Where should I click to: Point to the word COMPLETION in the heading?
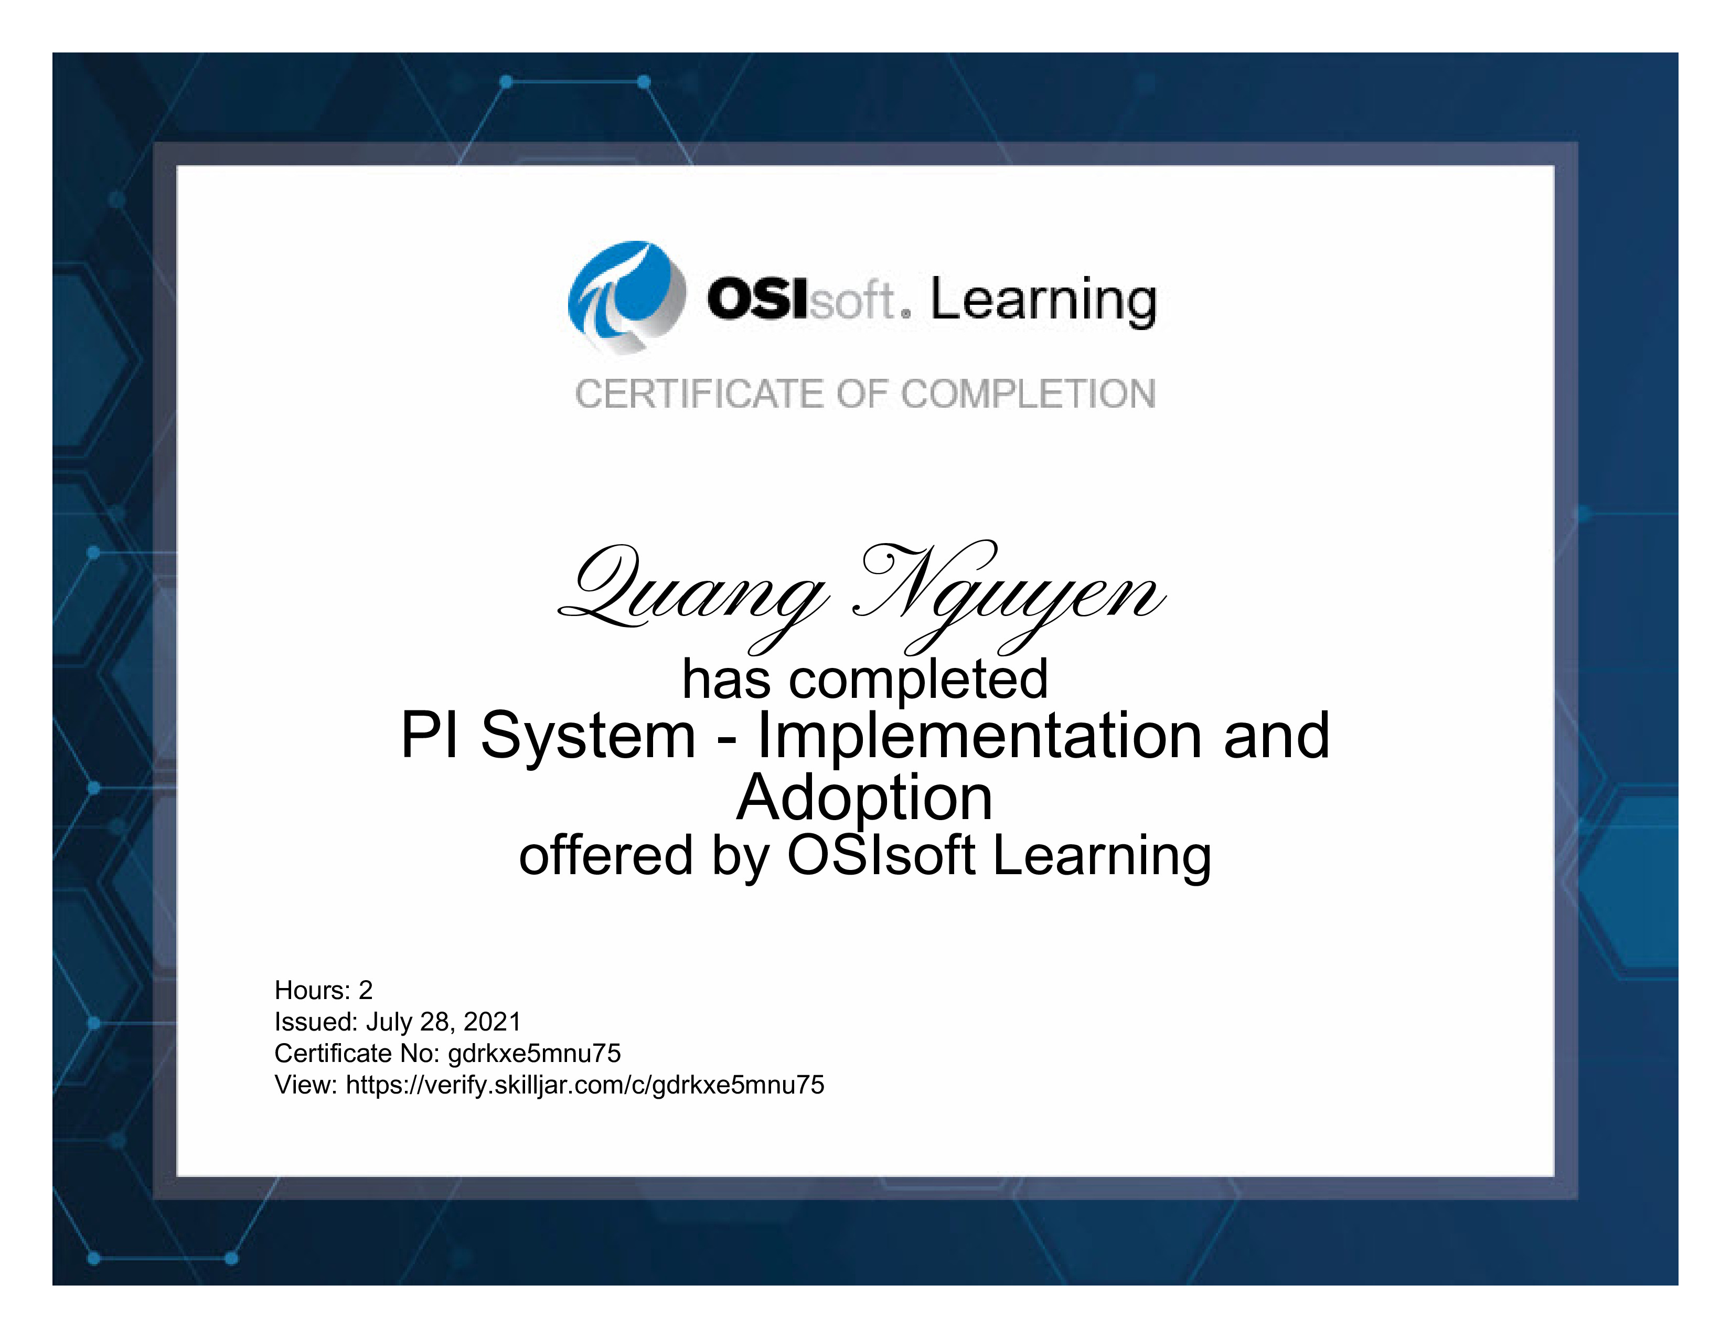coord(1029,394)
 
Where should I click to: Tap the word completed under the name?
coord(918,680)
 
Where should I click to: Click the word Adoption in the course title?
coord(864,798)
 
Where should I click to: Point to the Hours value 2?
coord(366,990)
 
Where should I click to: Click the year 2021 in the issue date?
coord(492,1022)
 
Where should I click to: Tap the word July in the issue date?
coord(390,1023)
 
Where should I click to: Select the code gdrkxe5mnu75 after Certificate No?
coord(534,1054)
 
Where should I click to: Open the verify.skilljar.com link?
coord(585,1085)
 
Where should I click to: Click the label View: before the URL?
coord(307,1085)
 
